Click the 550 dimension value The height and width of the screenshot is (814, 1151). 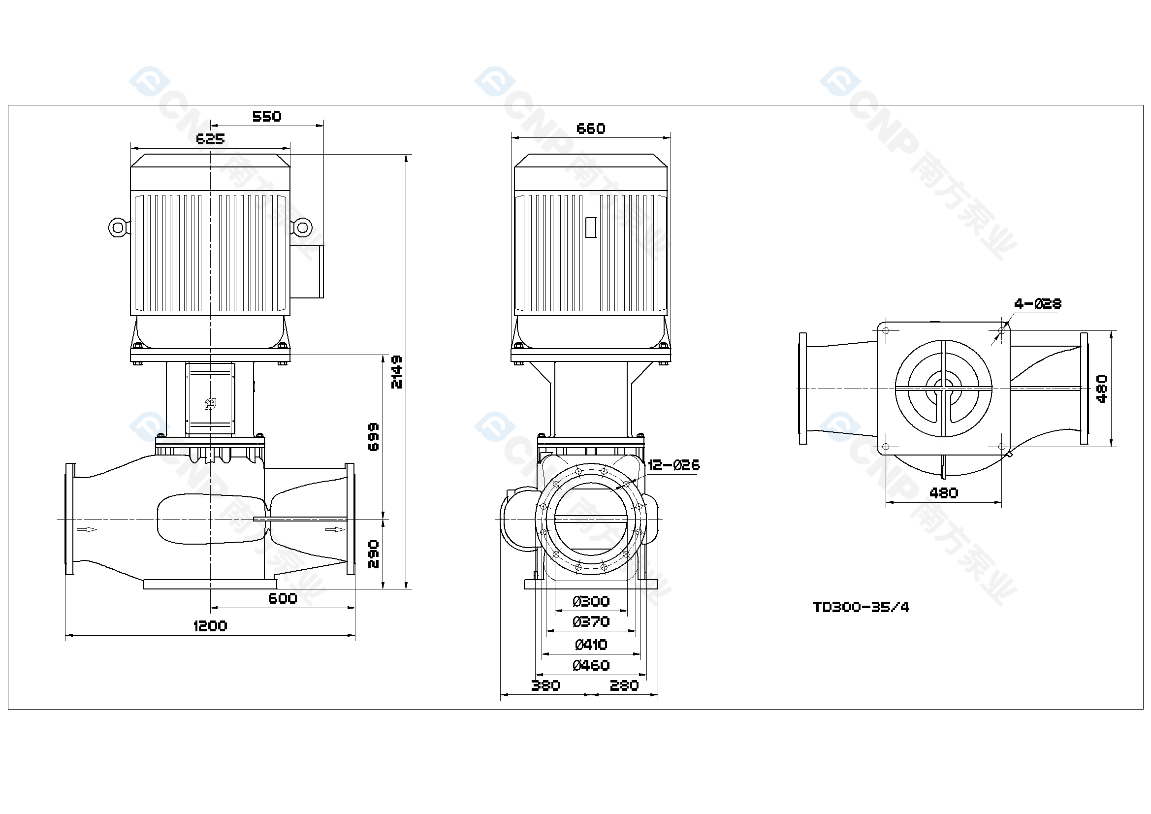pyautogui.click(x=267, y=116)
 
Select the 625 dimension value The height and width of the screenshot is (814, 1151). pyautogui.click(x=210, y=139)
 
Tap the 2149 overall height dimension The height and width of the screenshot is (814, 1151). pyautogui.click(x=396, y=372)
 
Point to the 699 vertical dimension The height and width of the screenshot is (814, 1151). pyautogui.click(x=374, y=437)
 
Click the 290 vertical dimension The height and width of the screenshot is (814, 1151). pyautogui.click(x=374, y=554)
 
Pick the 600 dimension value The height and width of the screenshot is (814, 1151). pyautogui.click(x=283, y=598)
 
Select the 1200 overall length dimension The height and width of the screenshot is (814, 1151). pyautogui.click(x=210, y=626)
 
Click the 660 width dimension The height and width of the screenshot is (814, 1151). pyautogui.click(x=591, y=129)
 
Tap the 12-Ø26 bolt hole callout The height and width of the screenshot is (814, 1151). pyautogui.click(x=674, y=465)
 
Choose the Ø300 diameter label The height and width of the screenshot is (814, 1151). pyautogui.click(x=591, y=601)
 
